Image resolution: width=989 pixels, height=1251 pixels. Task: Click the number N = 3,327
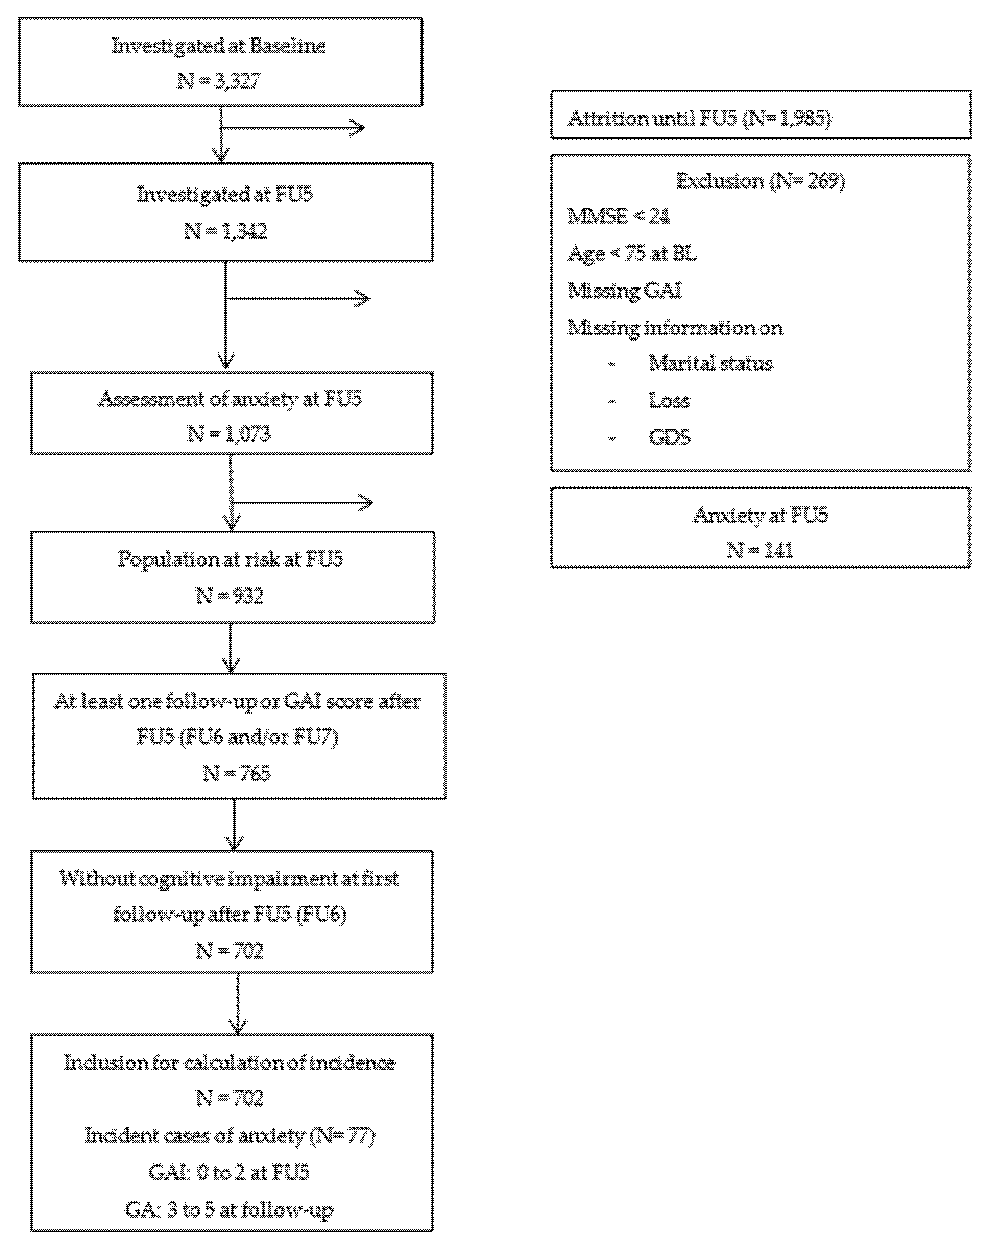(x=219, y=81)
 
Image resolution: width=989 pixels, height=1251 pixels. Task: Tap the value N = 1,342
(x=225, y=231)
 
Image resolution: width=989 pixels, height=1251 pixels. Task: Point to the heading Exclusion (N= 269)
(x=760, y=181)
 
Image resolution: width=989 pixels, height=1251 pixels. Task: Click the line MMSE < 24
(x=619, y=217)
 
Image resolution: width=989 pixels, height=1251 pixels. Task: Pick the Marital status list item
(x=710, y=364)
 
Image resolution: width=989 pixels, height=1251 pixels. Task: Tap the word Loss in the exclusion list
(x=669, y=400)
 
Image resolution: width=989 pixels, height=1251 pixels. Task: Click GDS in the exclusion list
(x=669, y=437)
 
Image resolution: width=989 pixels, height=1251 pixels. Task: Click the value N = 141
(x=760, y=550)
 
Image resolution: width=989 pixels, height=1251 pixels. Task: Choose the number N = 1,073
(x=229, y=434)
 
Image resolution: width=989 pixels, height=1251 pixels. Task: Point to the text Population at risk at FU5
(x=231, y=559)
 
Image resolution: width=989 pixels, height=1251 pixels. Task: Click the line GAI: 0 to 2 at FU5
(x=229, y=1172)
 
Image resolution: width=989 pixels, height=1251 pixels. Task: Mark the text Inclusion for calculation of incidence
(x=229, y=1062)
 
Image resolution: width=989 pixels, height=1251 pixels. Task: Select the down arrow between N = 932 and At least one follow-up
(x=231, y=648)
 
